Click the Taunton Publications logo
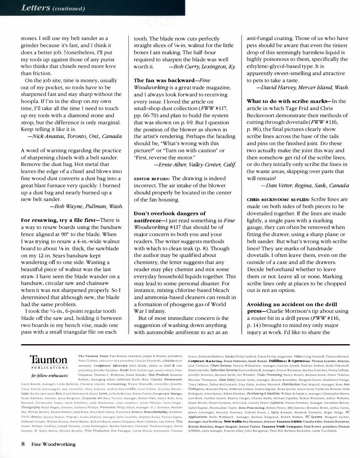coord(48,360)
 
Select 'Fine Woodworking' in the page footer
coord(53,444)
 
